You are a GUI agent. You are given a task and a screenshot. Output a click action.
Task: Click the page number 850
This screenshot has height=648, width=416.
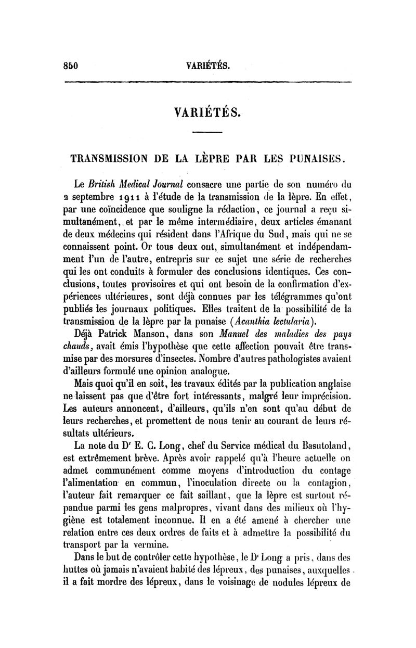pos(70,66)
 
